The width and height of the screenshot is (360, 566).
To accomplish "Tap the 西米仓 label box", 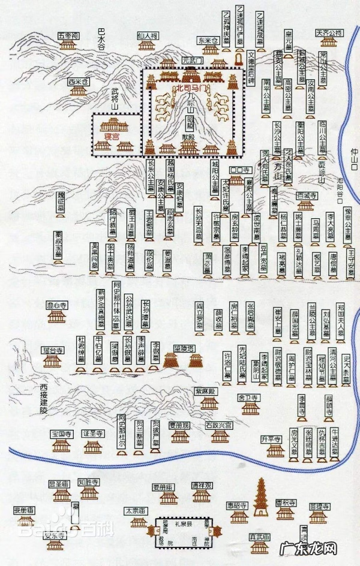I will (x=78, y=81).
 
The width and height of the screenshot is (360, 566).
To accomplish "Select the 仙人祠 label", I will (x=146, y=35).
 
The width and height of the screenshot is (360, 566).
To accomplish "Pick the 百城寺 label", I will (x=307, y=195).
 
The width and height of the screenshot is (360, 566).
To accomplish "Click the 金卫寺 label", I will (x=248, y=398).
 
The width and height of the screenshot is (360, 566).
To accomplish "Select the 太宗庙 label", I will (x=135, y=511).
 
